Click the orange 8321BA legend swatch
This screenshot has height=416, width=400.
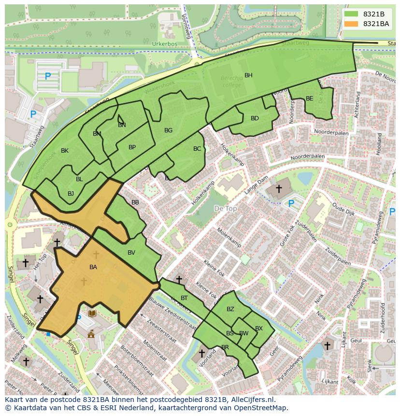tap(352, 24)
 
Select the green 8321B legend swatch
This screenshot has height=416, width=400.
tap(352, 14)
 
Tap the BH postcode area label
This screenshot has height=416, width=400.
tap(248, 75)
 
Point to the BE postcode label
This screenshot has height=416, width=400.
tap(310, 99)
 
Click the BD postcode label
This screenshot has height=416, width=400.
tap(255, 118)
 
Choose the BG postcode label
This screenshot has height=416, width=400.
tap(168, 130)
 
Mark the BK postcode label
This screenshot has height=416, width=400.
tap(65, 151)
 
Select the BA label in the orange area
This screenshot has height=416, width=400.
tap(93, 267)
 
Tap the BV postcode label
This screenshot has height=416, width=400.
tap(131, 253)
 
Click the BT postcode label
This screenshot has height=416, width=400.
tap(184, 298)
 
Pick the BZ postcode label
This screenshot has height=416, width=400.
tap(230, 309)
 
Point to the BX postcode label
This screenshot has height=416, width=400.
tap(259, 329)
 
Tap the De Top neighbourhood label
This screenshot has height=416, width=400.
tap(225, 208)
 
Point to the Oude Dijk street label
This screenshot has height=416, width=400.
tap(344, 212)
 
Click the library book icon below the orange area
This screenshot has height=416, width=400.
tap(92, 314)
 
